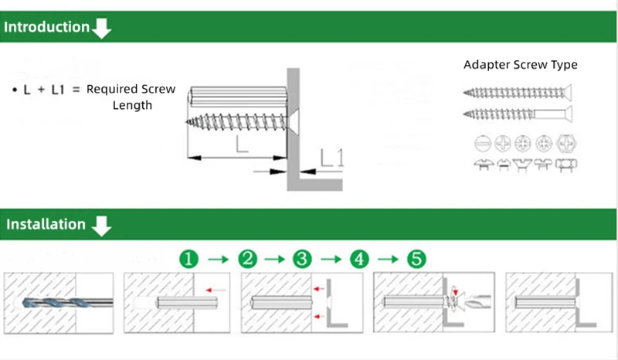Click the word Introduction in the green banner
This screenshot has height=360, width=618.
click(x=46, y=27)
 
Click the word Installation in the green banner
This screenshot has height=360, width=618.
click(x=46, y=225)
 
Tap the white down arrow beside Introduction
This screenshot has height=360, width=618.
click(x=102, y=29)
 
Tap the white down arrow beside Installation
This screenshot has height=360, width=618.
click(x=102, y=226)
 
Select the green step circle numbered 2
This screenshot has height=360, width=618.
click(x=247, y=259)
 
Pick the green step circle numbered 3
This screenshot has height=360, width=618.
click(x=302, y=259)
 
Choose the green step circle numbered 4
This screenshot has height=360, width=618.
click(x=358, y=259)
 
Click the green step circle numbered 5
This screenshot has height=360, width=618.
click(x=416, y=259)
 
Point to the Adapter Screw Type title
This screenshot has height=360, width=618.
click(x=520, y=65)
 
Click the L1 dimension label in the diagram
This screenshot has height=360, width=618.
click(x=331, y=158)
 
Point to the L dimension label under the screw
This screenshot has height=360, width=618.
click(x=242, y=144)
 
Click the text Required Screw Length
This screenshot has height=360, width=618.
click(x=131, y=97)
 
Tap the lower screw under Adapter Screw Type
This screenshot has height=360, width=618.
click(x=517, y=114)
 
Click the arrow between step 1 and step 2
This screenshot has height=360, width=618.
click(x=219, y=259)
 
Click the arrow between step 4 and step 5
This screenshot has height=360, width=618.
click(x=387, y=259)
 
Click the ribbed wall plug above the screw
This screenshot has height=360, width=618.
click(x=236, y=98)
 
